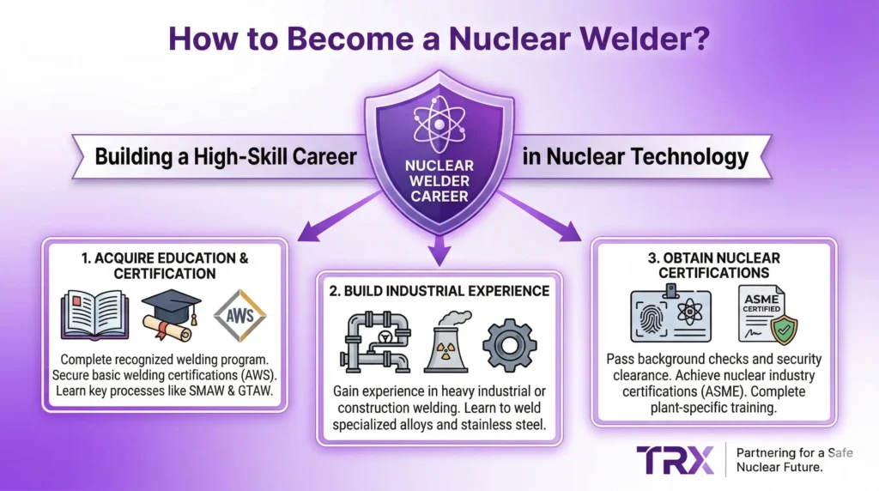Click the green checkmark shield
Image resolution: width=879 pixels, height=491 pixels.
pos(782,329)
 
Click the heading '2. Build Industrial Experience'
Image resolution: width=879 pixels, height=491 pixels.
pos(439,291)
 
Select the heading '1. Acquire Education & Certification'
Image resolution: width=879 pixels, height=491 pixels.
pos(163,265)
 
